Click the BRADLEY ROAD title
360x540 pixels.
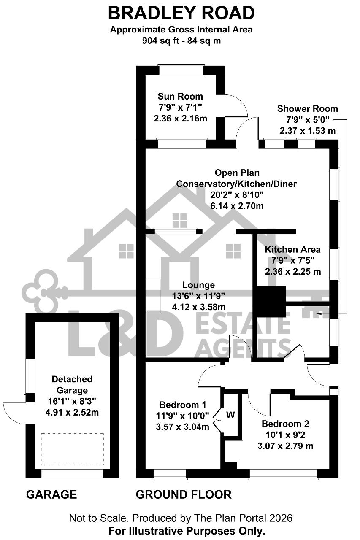coord(181,13)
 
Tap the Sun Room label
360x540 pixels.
coord(180,97)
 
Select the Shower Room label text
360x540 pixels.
coord(307,108)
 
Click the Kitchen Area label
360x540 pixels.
coord(293,249)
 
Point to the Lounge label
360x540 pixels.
coord(198,285)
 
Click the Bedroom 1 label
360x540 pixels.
coord(182,404)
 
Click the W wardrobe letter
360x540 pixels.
coord(230,415)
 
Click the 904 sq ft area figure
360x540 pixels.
coord(161,40)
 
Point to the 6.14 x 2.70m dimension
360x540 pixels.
coord(237,206)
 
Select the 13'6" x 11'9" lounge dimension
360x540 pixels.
coord(198,296)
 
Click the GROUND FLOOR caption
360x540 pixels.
coord(184,494)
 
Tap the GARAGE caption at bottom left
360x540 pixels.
coord(51,494)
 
